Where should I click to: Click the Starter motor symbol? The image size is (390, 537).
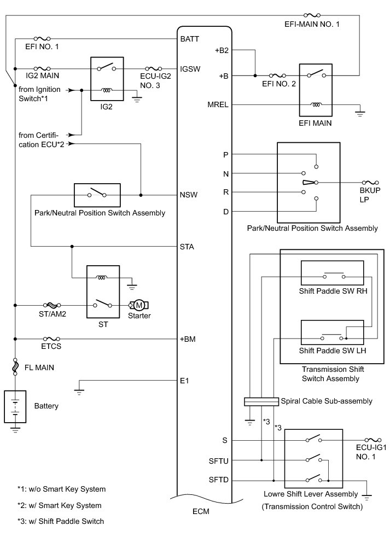point(139,305)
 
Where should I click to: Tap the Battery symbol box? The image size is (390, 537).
point(15,406)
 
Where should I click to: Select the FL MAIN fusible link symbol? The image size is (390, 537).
point(15,366)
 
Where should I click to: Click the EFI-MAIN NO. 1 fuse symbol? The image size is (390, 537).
point(312,15)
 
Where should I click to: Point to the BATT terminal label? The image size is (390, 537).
point(189,39)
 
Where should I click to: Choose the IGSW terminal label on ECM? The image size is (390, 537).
point(190,69)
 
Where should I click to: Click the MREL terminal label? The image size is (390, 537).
point(218,105)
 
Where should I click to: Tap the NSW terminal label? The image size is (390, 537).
point(189,195)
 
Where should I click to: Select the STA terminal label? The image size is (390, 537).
point(187,247)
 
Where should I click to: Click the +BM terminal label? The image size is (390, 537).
point(188,339)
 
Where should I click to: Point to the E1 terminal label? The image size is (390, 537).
point(184,381)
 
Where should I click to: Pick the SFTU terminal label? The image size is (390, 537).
point(219,461)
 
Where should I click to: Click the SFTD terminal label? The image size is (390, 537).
point(219,480)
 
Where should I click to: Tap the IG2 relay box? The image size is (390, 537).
point(107,79)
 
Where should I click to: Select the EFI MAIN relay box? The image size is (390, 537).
point(316,90)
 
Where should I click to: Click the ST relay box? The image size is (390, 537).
point(103,292)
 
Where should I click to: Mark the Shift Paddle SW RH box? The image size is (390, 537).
point(332,273)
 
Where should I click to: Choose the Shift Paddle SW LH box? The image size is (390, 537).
point(332,332)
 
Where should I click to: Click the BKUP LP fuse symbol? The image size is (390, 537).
point(370,183)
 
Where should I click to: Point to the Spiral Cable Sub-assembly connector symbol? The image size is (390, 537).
point(261,401)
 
